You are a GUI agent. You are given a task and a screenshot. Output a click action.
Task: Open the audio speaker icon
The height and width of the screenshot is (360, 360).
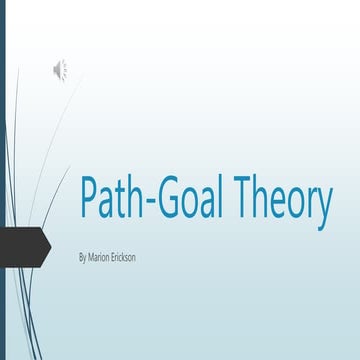[59, 68]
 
